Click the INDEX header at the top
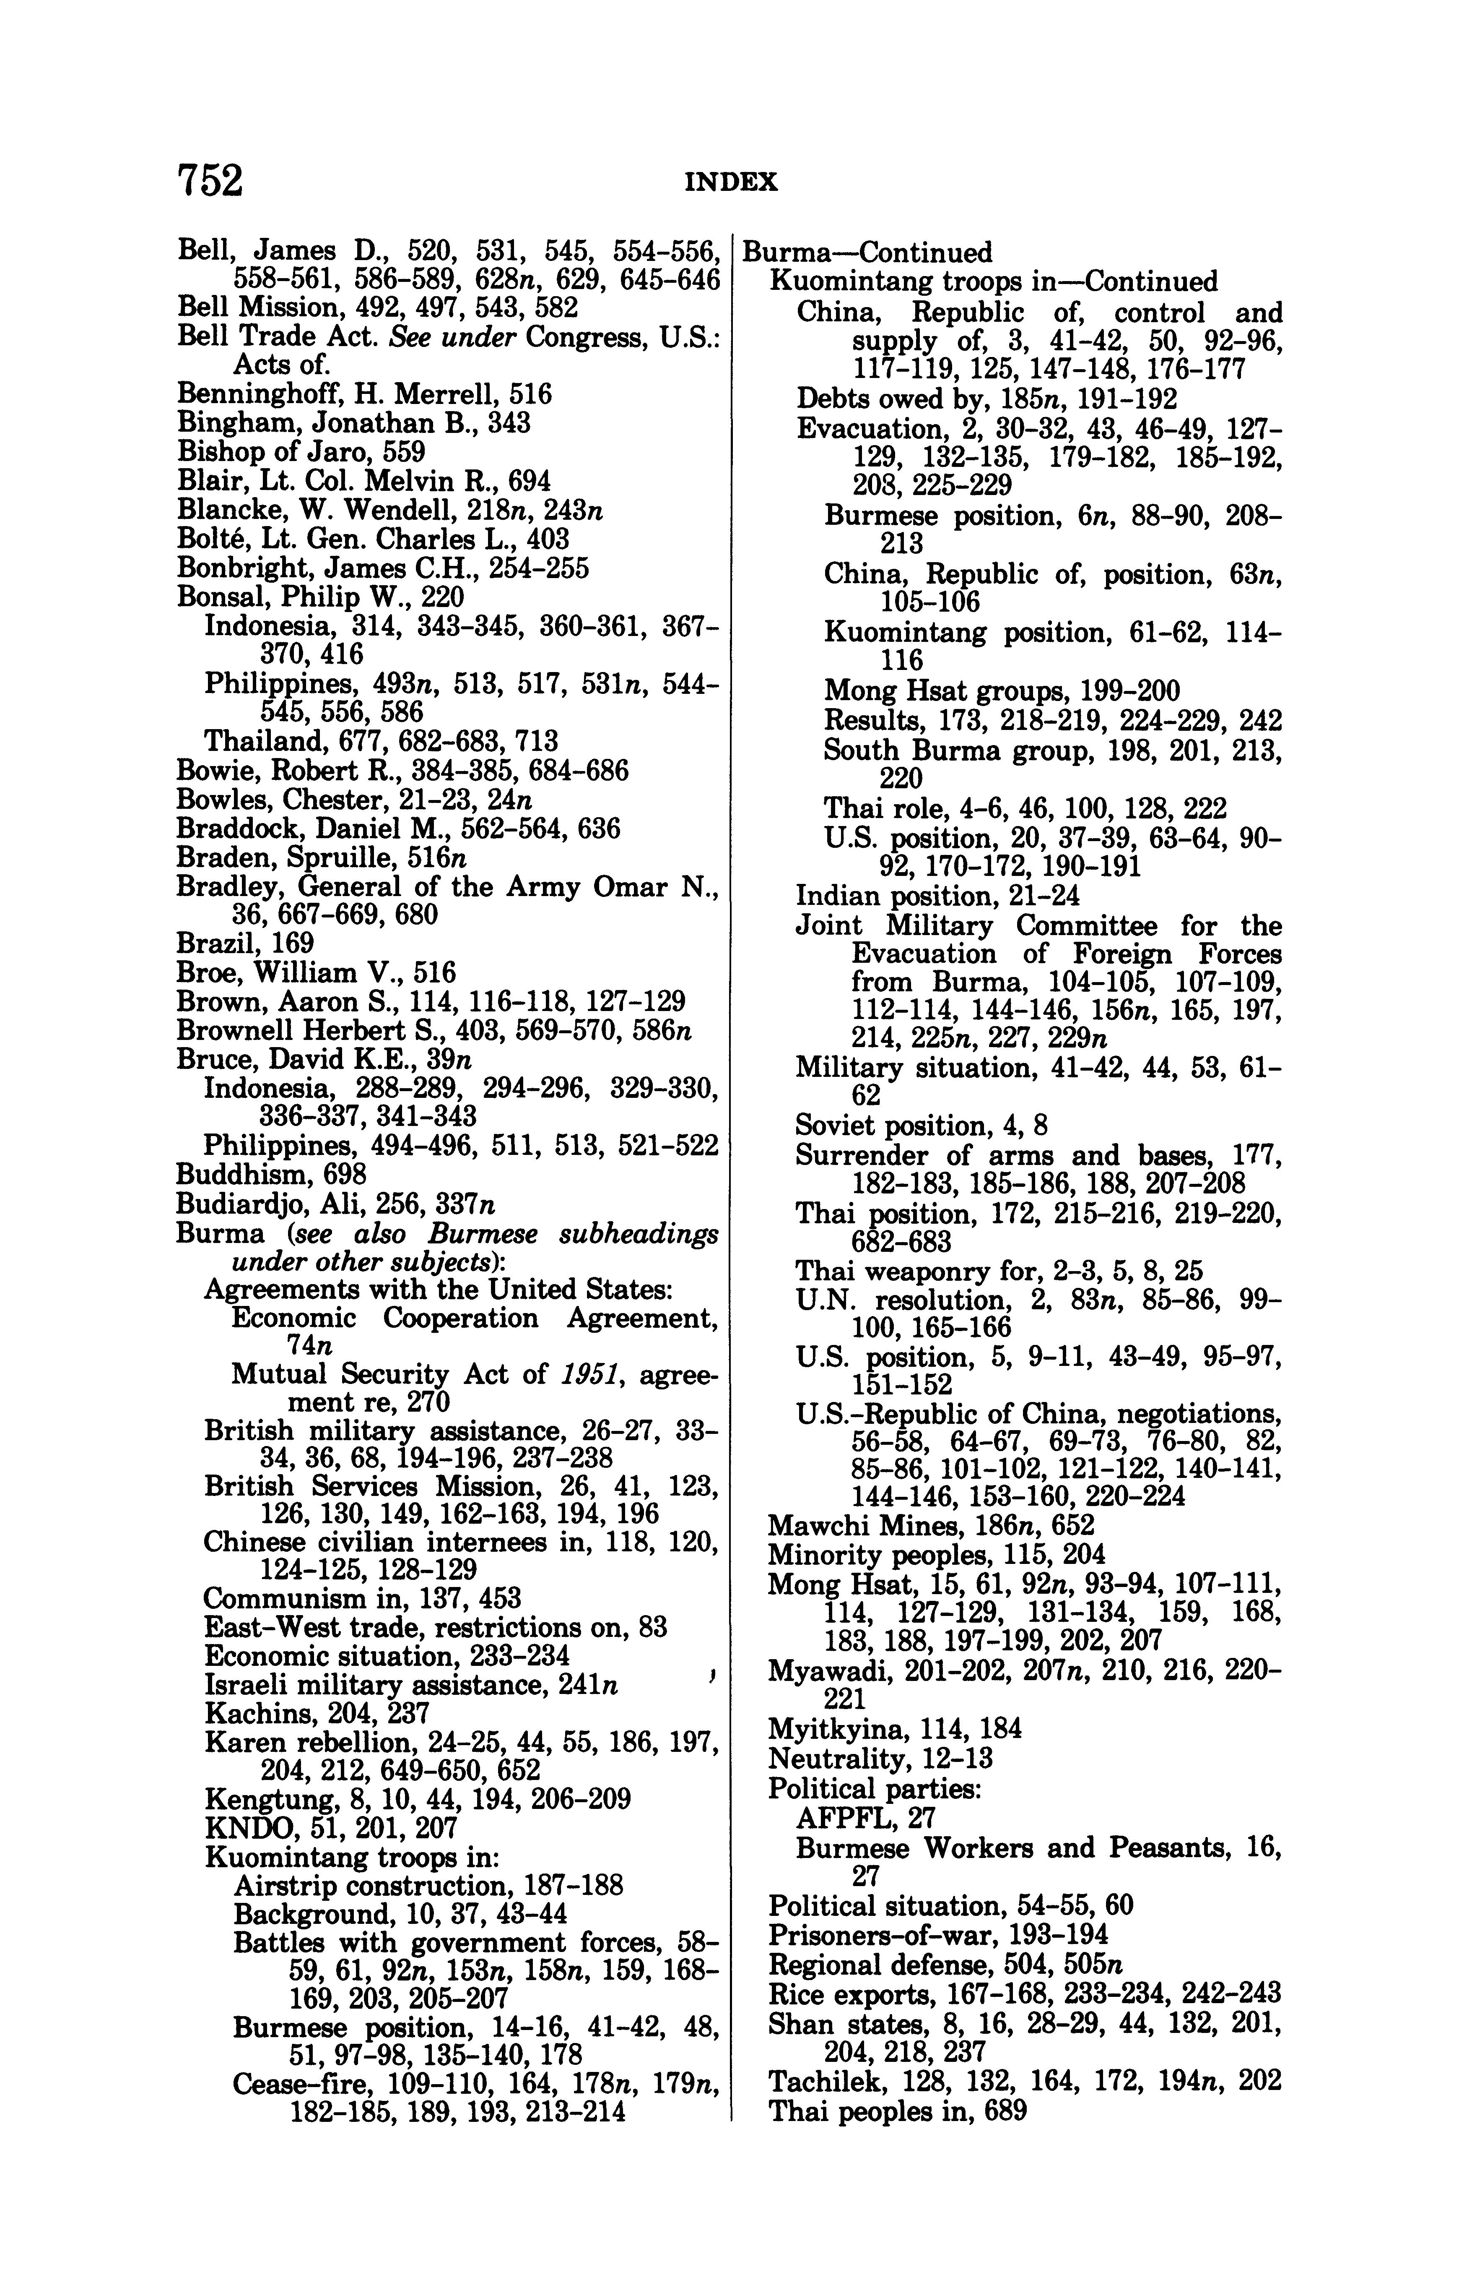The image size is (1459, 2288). coord(730,182)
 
